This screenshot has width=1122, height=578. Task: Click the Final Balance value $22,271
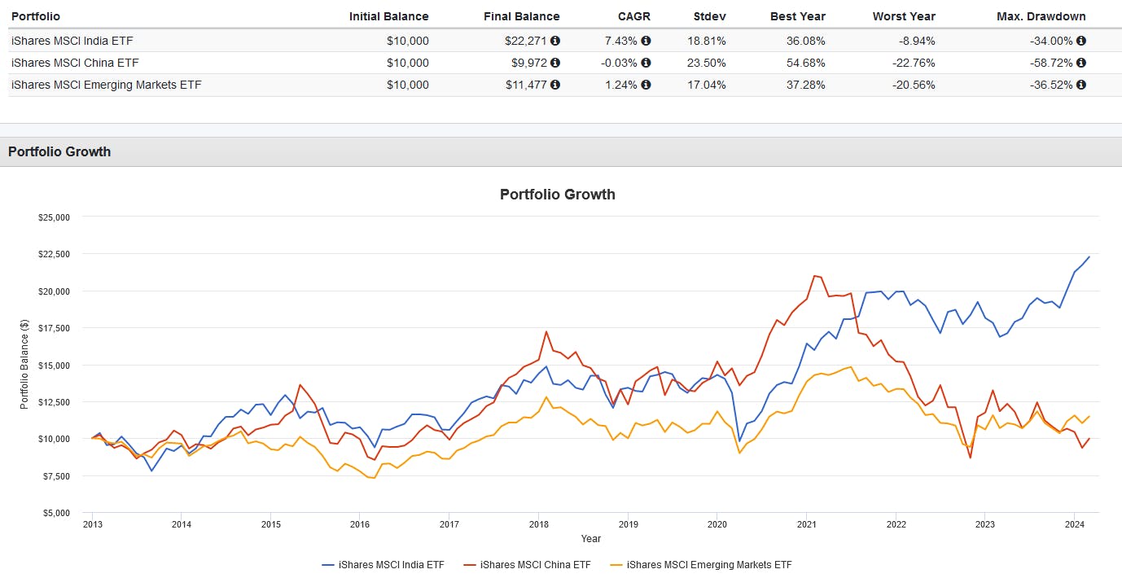click(529, 41)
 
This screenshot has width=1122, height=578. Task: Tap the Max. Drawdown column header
click(1041, 16)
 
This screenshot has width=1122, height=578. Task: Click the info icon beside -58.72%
click(1081, 63)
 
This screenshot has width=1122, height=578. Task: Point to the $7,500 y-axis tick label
click(54, 476)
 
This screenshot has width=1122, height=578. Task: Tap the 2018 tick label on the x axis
click(537, 524)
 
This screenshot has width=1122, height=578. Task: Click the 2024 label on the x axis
click(1073, 524)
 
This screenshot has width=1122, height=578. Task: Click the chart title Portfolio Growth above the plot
click(557, 195)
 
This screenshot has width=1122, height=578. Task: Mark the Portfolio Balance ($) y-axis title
click(24, 365)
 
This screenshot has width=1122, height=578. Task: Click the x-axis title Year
click(591, 538)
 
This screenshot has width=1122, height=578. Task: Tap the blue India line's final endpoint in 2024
click(1089, 257)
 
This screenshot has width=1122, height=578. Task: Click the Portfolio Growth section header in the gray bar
click(59, 151)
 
